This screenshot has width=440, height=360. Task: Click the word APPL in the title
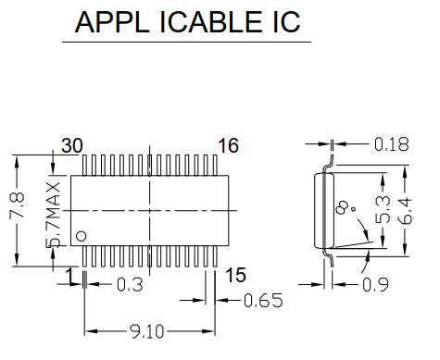(x=111, y=22)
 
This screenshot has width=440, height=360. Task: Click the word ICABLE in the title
(x=210, y=22)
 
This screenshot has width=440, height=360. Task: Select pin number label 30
(x=72, y=145)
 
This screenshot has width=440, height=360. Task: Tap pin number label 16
(x=229, y=145)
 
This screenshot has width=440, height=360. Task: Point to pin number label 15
(x=235, y=275)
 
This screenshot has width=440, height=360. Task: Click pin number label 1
(x=70, y=276)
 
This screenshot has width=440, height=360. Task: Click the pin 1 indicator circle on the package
(x=82, y=236)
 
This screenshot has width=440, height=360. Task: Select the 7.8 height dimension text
(x=18, y=205)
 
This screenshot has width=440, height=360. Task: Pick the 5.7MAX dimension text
(x=53, y=215)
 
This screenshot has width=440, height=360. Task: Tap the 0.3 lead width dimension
(x=130, y=285)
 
